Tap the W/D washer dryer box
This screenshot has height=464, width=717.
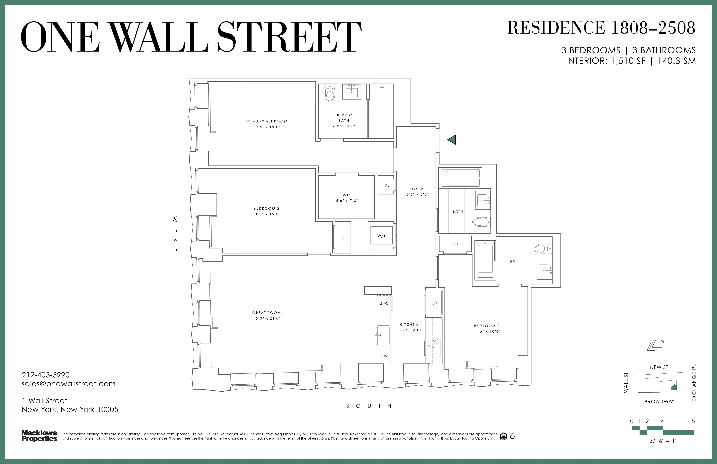click(x=382, y=236)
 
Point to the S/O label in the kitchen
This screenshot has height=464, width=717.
click(x=384, y=303)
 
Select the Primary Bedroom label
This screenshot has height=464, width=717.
click(x=266, y=121)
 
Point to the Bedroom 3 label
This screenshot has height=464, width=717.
click(x=487, y=326)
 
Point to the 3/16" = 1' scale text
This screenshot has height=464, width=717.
click(x=663, y=441)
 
